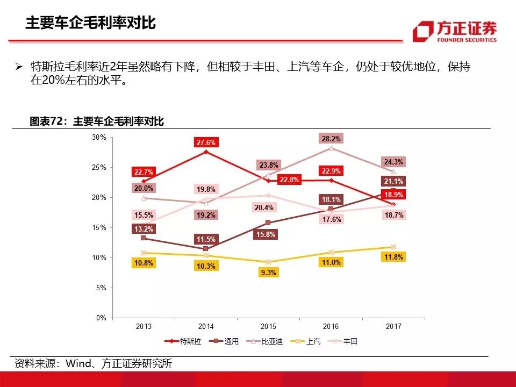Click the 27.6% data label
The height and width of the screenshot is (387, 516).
[206, 142]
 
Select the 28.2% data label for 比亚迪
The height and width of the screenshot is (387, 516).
[331, 138]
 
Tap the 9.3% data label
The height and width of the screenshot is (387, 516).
[268, 273]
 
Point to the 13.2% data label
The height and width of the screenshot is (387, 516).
[144, 229]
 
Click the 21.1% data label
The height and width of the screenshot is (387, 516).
[393, 181]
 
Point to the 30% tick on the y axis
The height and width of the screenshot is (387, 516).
[99, 138]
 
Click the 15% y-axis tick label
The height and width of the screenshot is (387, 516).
[99, 228]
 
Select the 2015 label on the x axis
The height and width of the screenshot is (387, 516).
[268, 326]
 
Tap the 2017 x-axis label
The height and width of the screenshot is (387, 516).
[393, 326]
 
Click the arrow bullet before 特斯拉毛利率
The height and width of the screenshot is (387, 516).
[19, 67]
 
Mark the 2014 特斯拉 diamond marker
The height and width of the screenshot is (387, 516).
[206, 152]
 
